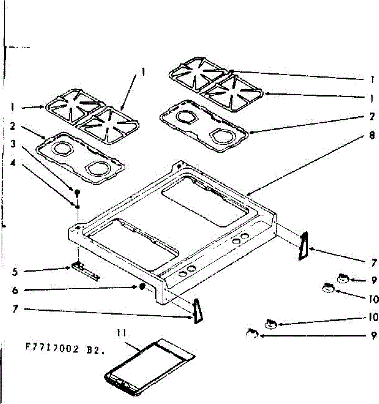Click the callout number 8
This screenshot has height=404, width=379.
(372, 136)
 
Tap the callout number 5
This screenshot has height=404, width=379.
(14, 271)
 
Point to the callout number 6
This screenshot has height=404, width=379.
(14, 290)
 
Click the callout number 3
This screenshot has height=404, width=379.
(13, 144)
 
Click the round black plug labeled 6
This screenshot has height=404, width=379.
(142, 287)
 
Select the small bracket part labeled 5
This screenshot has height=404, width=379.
(85, 271)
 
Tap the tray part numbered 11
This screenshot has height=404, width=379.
(148, 367)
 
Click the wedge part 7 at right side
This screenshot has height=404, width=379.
(303, 246)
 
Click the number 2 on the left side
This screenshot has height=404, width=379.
(13, 126)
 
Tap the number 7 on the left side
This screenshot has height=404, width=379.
(14, 309)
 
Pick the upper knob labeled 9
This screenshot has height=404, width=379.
(342, 278)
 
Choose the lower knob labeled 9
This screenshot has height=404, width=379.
(252, 333)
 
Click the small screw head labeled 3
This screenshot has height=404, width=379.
(77, 192)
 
